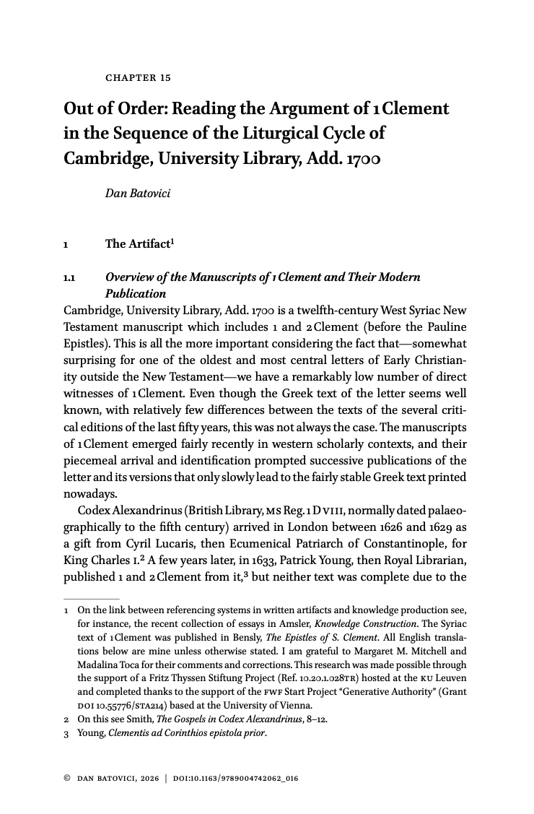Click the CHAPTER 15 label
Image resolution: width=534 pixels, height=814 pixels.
click(x=138, y=77)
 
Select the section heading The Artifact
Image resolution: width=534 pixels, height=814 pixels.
click(x=137, y=243)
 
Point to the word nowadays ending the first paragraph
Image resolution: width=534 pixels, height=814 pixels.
click(x=89, y=495)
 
